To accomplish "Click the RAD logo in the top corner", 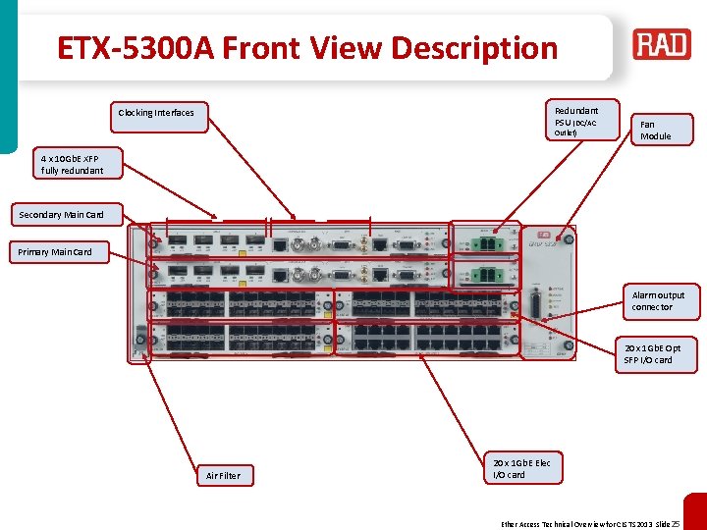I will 662,45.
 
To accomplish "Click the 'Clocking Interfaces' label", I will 156,113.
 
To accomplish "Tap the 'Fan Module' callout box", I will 660,130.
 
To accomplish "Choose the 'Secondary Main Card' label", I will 61,214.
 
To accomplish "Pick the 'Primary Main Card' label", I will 55,252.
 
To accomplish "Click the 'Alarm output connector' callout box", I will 659,301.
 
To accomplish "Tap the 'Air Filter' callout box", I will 223,475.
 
